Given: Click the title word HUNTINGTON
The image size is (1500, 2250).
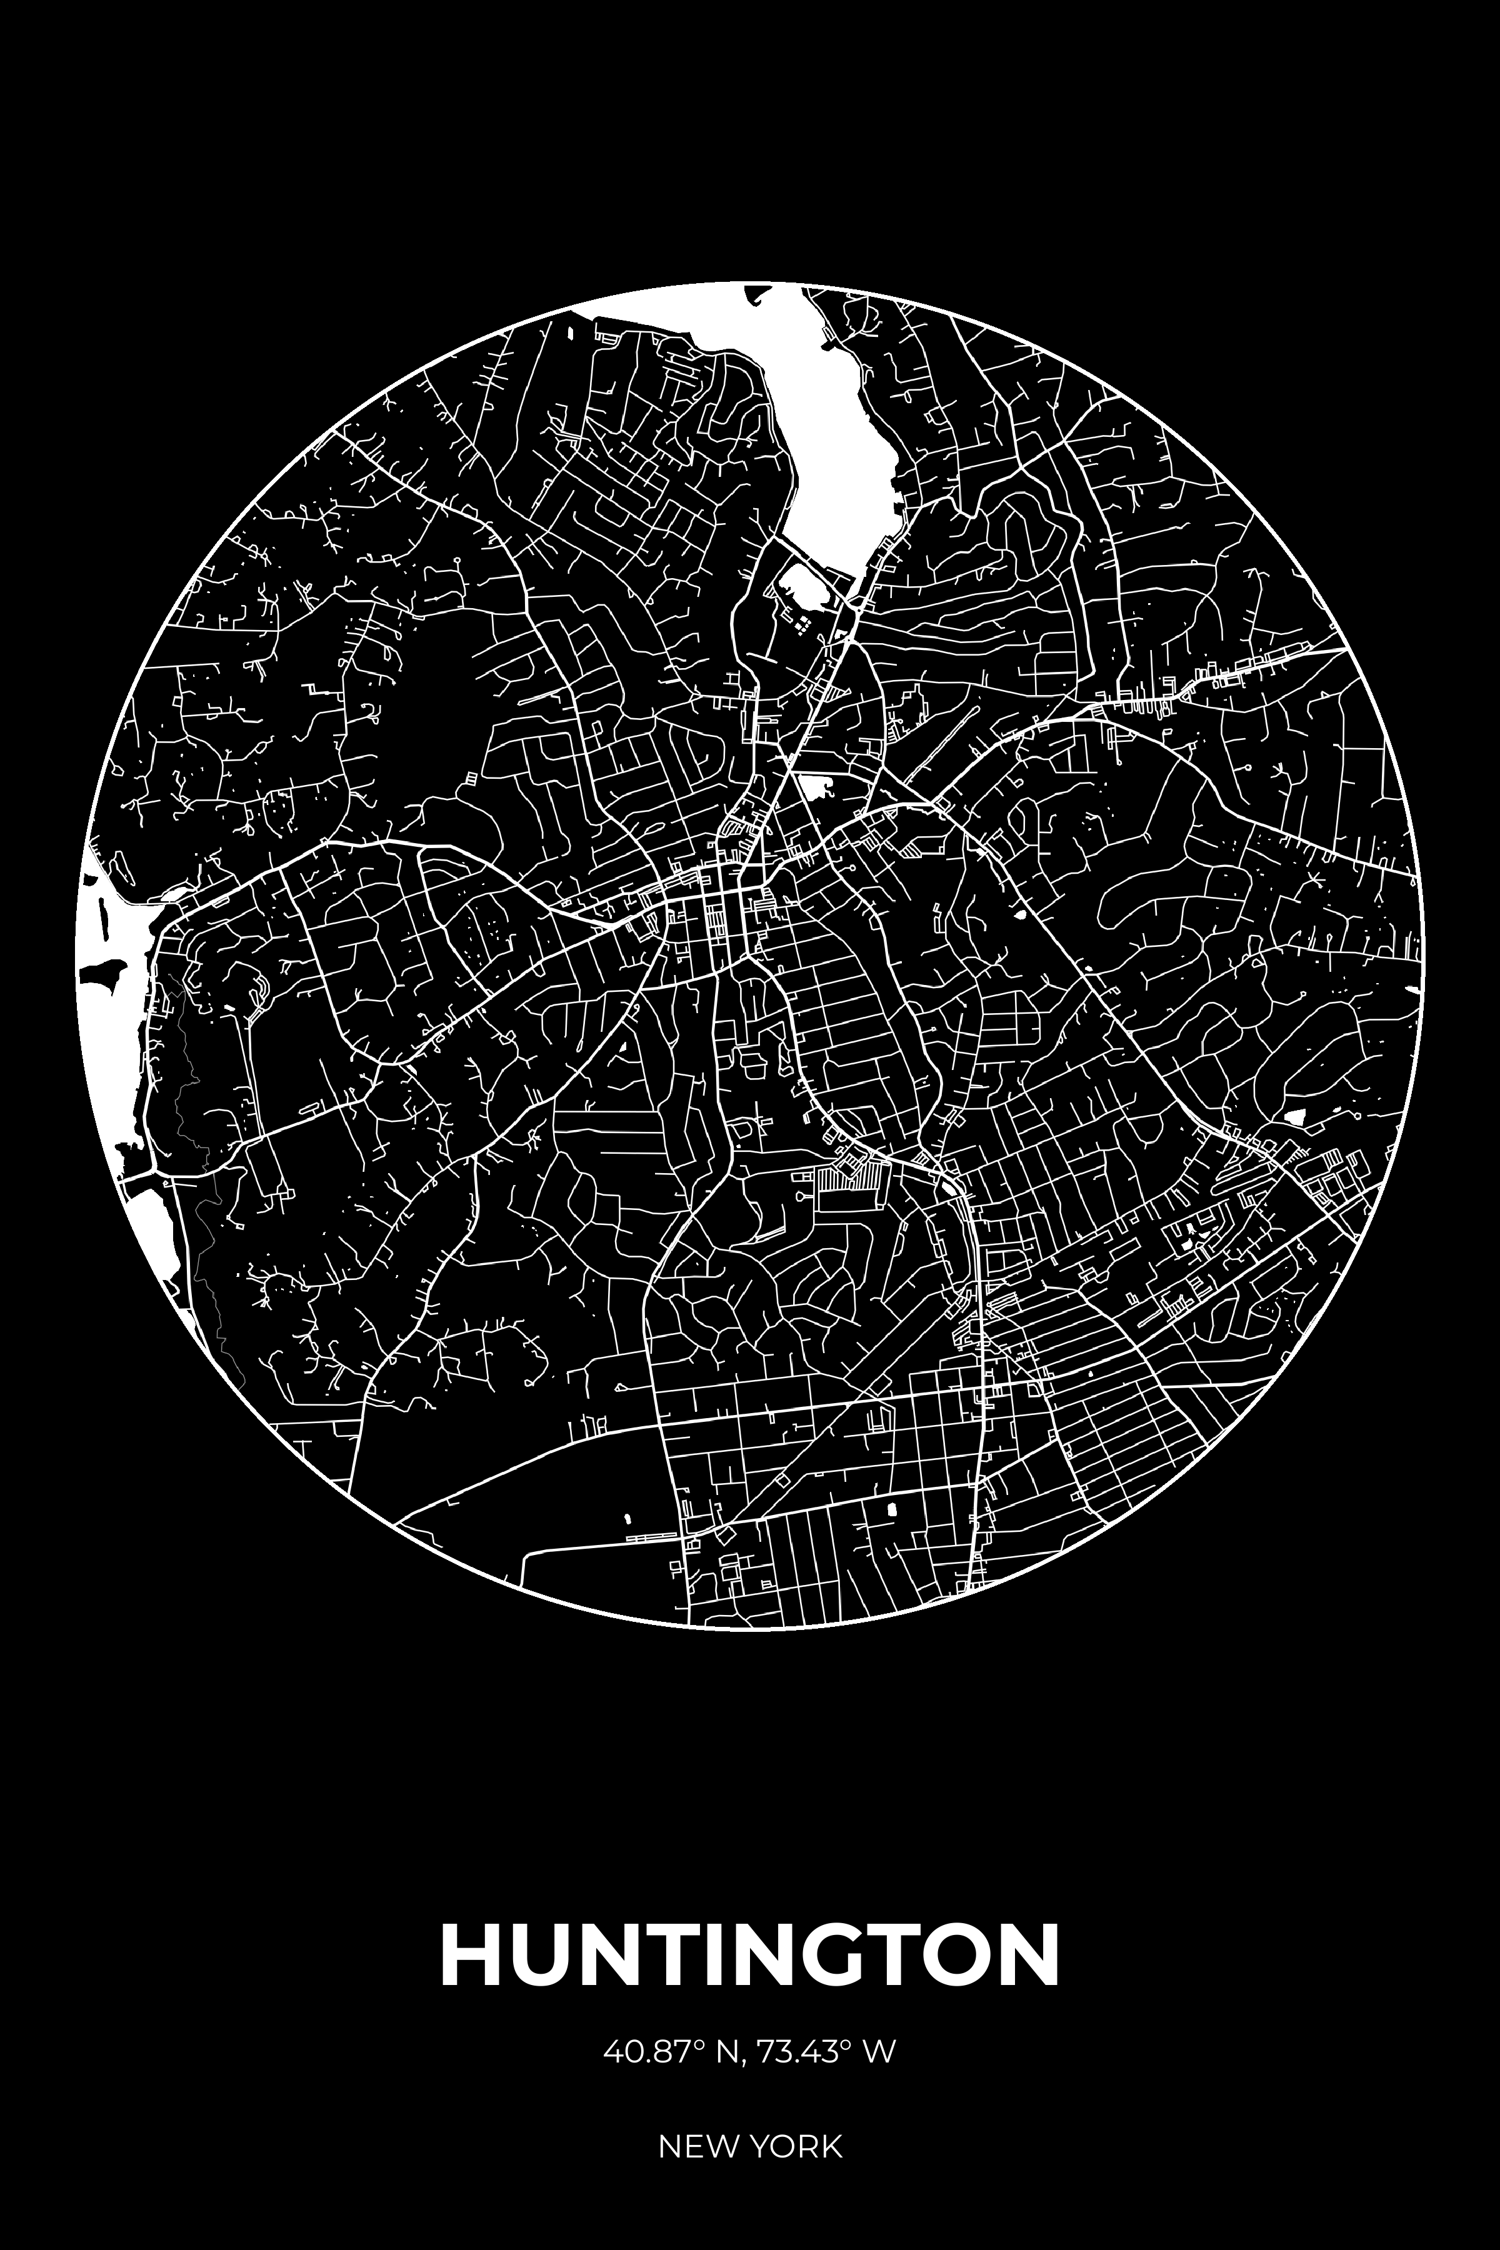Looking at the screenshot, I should (x=750, y=1954).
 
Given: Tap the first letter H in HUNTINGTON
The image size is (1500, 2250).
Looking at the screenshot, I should (x=467, y=1954).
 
